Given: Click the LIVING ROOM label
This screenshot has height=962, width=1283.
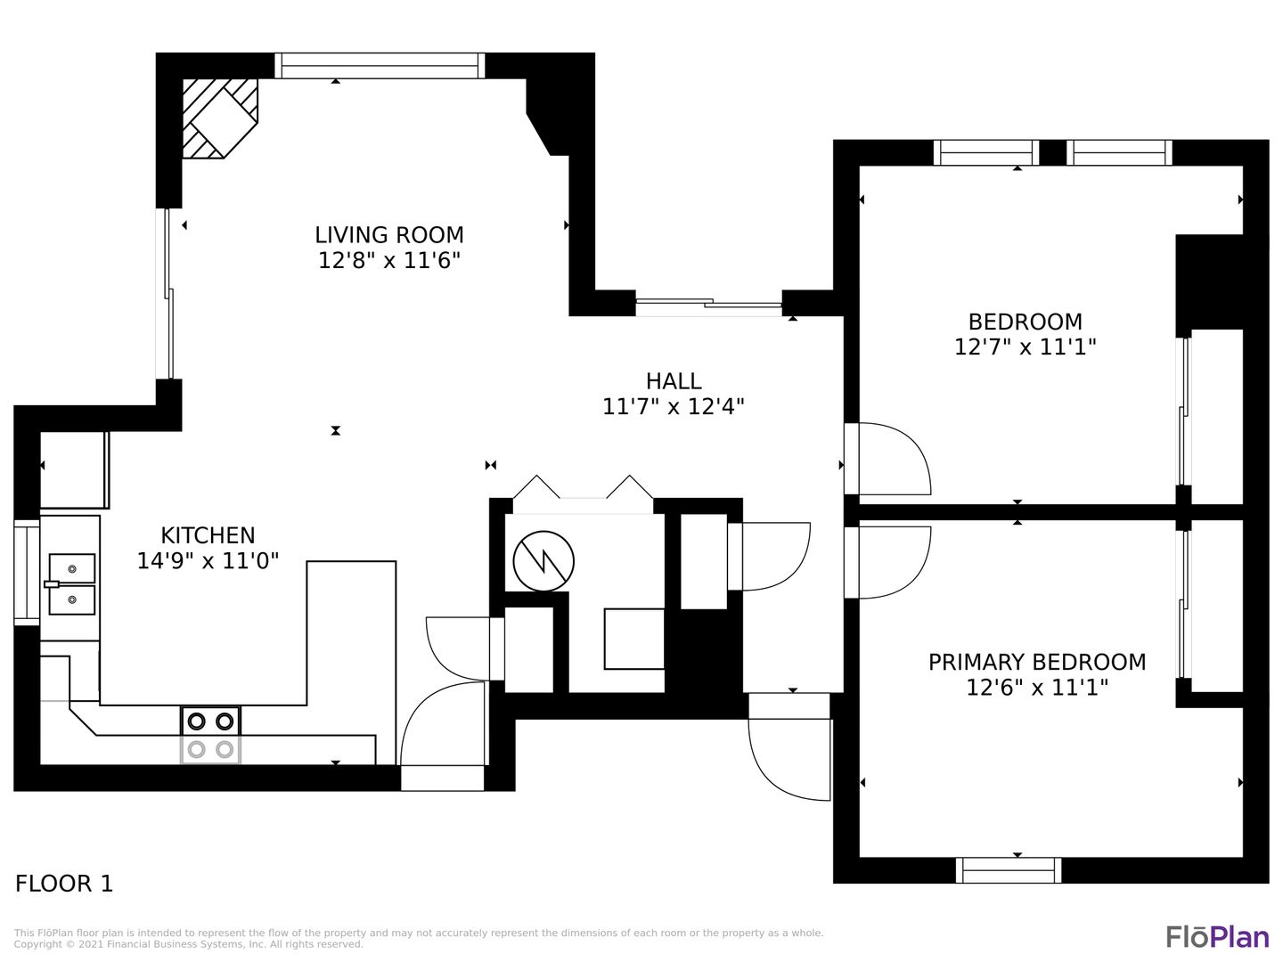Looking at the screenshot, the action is pos(388,235).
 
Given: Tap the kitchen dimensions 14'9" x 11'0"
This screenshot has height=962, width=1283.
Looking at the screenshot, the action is pos(208,561).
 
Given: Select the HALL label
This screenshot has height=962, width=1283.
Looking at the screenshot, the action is pos(674,381).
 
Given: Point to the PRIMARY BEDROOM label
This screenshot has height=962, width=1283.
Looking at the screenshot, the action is pos(1037,663).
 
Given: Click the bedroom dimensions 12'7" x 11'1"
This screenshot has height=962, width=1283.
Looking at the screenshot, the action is pos(1025,347).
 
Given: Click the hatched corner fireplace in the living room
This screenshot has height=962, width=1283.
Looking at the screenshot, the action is pos(220,118).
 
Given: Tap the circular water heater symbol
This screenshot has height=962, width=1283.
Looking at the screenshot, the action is pos(543,561).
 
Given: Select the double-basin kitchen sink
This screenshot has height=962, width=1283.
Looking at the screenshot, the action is pos(71,584).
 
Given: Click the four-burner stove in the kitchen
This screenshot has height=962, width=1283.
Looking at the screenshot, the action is pos(210,735).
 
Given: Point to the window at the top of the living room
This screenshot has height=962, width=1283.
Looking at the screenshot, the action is pos(380,65).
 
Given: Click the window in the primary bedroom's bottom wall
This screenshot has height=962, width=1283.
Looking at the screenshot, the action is pos(1009,870).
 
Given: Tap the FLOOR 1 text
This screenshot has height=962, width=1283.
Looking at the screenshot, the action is pos(64,884).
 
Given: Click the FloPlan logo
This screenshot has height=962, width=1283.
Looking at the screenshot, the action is pos(1218,937).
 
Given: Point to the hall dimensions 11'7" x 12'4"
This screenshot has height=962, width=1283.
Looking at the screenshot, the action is pos(674,406).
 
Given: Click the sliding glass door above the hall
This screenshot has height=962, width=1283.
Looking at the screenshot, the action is pos(708,304).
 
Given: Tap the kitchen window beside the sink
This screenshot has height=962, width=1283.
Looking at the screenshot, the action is pos(27,573).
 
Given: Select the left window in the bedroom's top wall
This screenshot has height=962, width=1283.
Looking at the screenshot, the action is pos(986,152).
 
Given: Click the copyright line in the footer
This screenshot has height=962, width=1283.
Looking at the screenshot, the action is pos(188,944).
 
